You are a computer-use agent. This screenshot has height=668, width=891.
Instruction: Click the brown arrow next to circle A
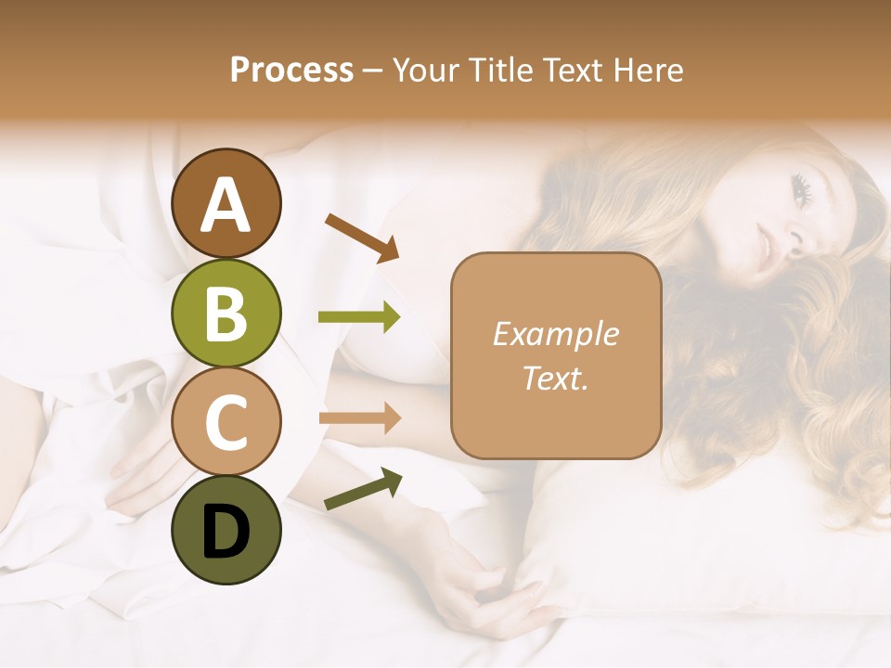(x=361, y=237)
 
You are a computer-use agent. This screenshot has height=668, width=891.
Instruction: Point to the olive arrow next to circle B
(x=359, y=317)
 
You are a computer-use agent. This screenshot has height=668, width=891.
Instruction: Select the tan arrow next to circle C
(x=359, y=417)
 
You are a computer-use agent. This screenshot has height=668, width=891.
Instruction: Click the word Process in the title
(x=291, y=70)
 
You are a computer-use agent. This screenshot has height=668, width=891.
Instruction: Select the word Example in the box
(x=556, y=334)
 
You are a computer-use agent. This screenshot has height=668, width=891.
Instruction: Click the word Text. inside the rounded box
(x=556, y=378)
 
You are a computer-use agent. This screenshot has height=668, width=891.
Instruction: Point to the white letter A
(x=226, y=206)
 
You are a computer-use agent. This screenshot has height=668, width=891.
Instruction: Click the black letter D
(x=226, y=531)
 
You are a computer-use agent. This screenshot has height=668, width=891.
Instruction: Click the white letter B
(x=226, y=314)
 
